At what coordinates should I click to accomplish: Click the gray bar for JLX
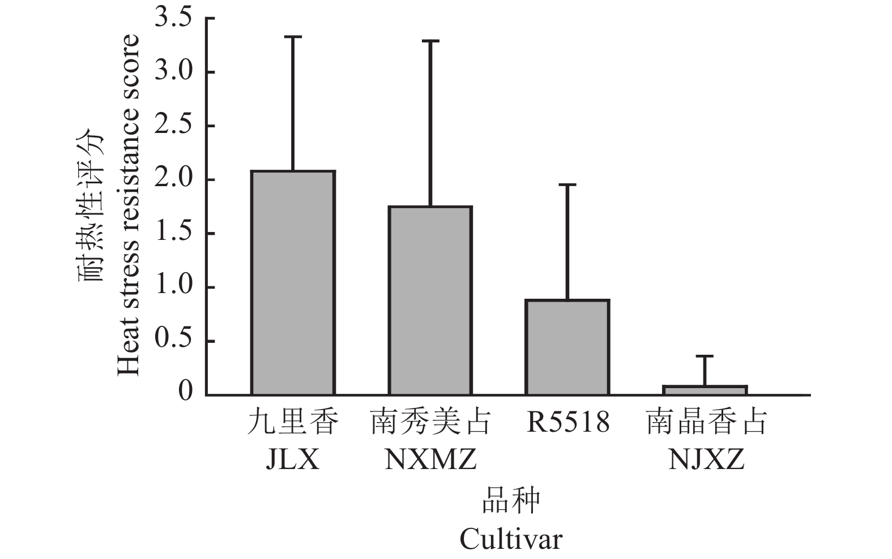[x=293, y=283]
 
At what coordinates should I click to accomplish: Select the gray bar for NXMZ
[x=430, y=300]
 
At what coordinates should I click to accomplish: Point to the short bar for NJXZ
[x=705, y=390]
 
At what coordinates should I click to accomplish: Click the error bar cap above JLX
[x=293, y=37]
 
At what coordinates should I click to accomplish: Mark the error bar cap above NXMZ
[x=430, y=41]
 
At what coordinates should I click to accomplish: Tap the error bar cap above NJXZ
[x=705, y=356]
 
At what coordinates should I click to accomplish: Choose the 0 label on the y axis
[x=186, y=392]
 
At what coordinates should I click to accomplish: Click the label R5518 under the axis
[x=567, y=422]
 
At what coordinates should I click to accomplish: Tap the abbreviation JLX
[x=293, y=459]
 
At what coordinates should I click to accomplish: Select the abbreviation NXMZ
[x=430, y=459]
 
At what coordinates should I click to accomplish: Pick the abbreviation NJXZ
[x=706, y=459]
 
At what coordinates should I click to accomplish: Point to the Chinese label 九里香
[x=293, y=423]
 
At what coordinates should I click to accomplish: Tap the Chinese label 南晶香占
[x=706, y=423]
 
